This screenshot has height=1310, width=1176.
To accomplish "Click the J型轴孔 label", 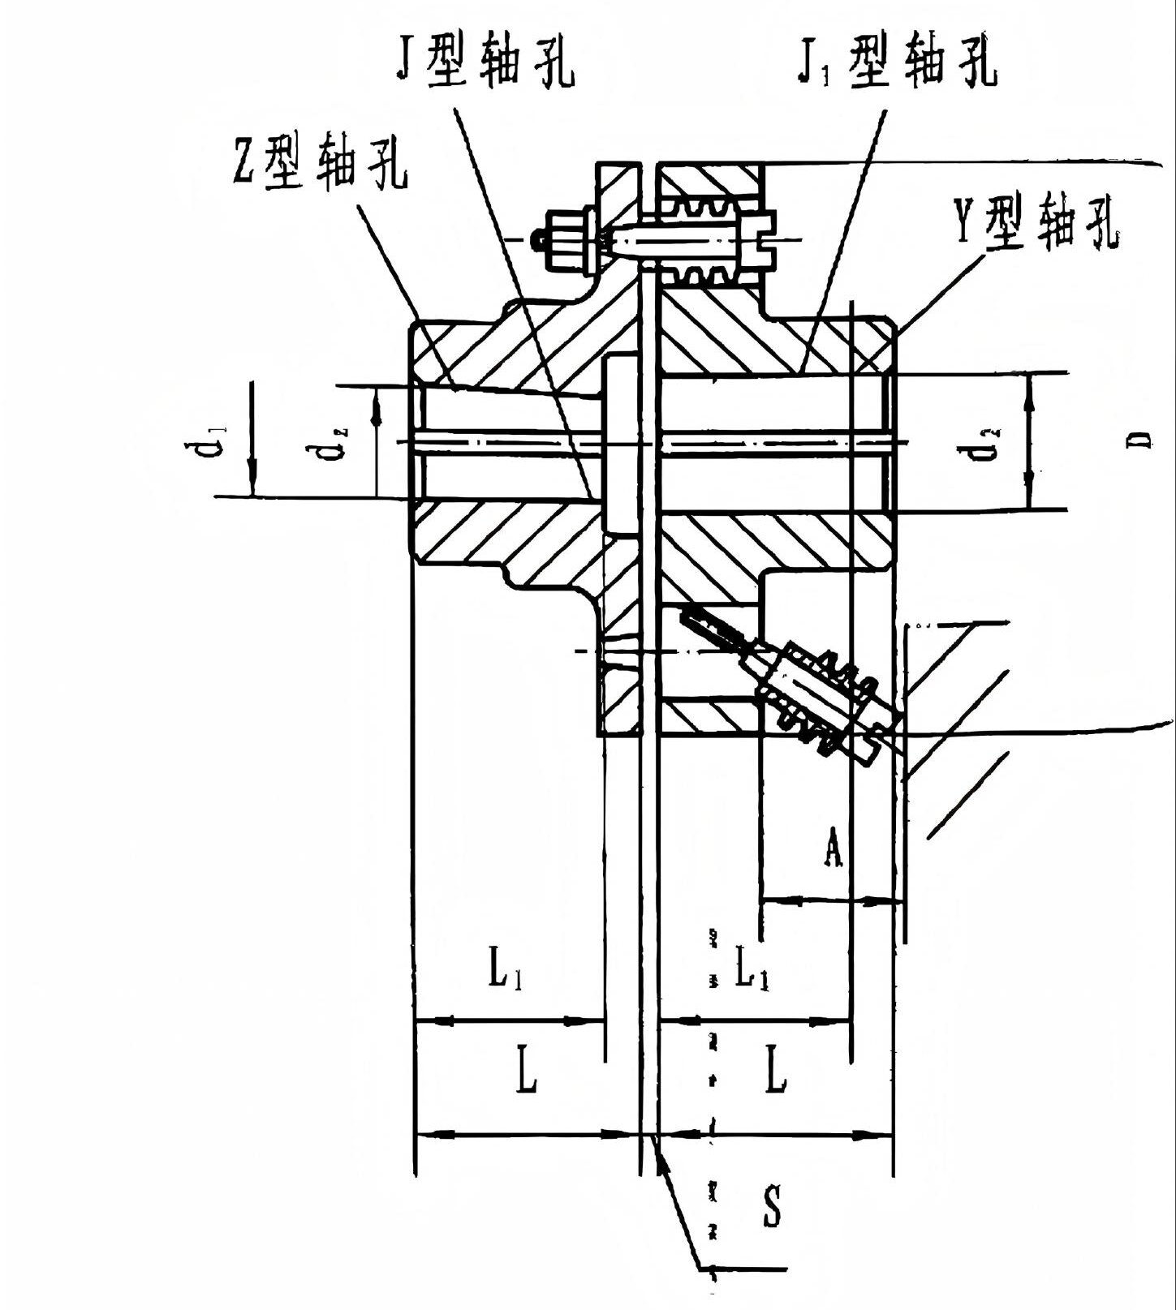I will point(485,62).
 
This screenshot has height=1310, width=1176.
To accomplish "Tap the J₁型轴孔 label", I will point(896,61).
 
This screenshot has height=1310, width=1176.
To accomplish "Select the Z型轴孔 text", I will point(320,159).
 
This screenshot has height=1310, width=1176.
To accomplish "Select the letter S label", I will point(773,1205).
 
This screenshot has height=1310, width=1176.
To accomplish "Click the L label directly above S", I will point(776,1071).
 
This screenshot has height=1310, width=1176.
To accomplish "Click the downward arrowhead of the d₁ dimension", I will point(252,481).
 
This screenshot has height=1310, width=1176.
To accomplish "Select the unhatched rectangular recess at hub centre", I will point(622,444).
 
